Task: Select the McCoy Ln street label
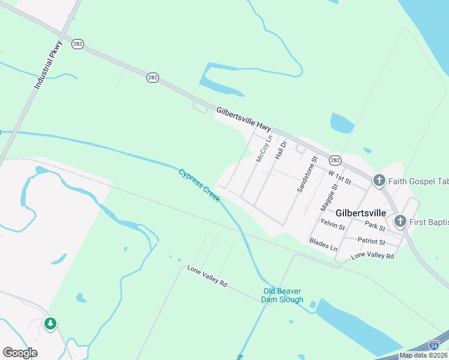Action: coord(264,148)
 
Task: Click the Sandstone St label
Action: coord(306,174)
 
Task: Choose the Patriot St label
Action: coord(371,241)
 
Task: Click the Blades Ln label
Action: coord(323,245)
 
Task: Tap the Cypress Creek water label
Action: coord(199,185)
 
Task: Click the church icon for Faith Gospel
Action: coord(379,180)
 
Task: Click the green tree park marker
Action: coord(50,325)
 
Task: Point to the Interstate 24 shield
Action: coord(434,345)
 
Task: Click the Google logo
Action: coord(20,353)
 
